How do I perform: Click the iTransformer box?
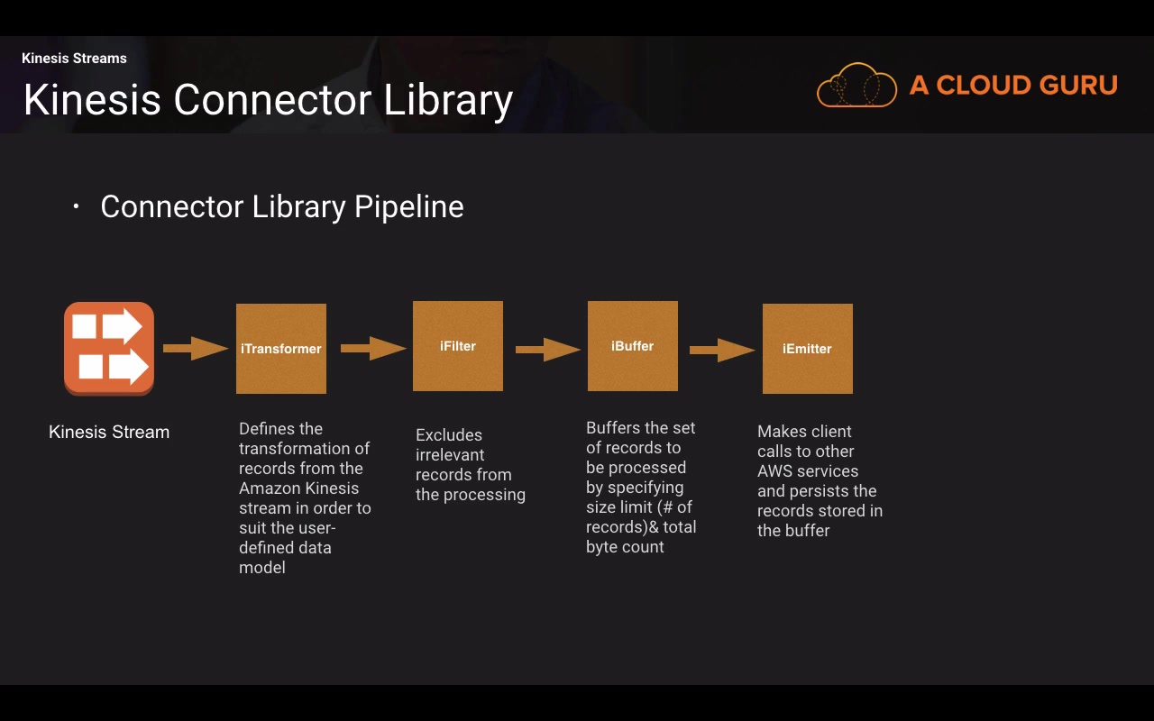(281, 349)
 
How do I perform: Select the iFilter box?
(458, 346)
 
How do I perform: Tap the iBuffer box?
(633, 346)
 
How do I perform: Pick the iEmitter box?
(808, 349)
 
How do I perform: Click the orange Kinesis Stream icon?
(109, 349)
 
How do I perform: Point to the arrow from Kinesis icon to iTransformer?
(196, 348)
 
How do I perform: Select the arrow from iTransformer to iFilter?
(373, 347)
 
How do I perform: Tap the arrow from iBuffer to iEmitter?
(722, 350)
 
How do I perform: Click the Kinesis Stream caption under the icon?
(109, 433)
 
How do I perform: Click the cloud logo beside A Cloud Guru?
(856, 86)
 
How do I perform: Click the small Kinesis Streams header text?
(74, 59)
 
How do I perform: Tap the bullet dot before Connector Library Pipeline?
(77, 207)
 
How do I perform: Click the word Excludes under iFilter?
(449, 435)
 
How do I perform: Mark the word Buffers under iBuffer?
(613, 428)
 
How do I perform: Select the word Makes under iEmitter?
(782, 432)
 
